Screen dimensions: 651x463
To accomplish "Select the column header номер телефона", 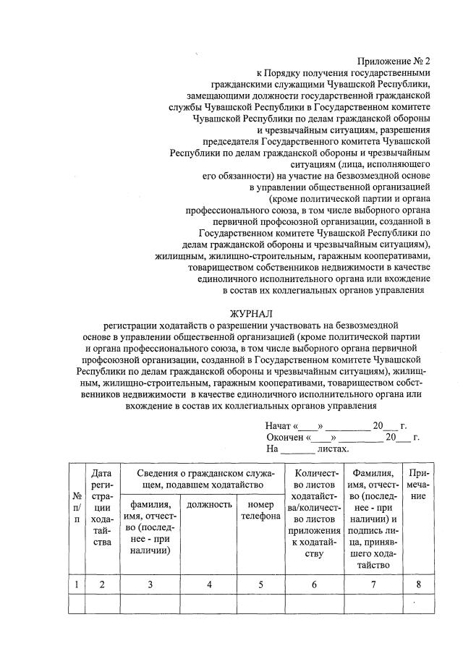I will [260, 510].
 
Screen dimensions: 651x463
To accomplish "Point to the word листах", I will [334, 449].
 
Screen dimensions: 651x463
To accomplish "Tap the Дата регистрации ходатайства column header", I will [102, 506].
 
